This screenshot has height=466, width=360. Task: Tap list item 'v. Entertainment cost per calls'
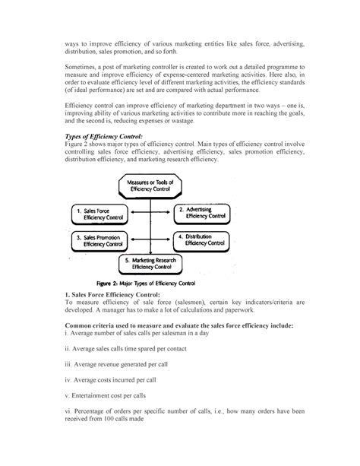pyautogui.click(x=110, y=398)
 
